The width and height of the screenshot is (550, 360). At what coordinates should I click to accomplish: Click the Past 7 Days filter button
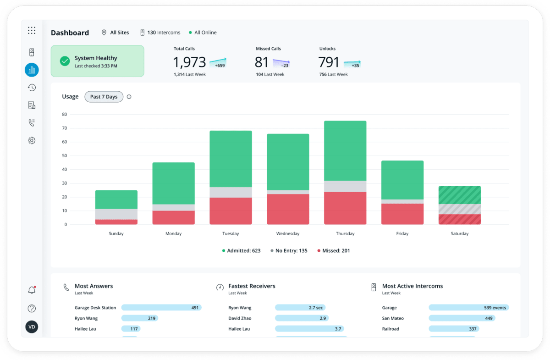(x=104, y=97)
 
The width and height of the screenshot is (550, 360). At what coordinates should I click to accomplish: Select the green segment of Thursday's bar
(x=345, y=150)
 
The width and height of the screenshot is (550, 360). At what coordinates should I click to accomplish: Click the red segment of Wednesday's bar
(x=288, y=209)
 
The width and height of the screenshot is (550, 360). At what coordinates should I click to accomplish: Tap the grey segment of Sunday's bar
(x=116, y=214)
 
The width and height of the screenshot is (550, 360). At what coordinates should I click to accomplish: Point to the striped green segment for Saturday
(x=459, y=195)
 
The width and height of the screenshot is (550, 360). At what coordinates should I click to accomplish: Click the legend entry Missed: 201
(x=334, y=251)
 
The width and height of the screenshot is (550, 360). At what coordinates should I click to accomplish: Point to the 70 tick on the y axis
(x=65, y=128)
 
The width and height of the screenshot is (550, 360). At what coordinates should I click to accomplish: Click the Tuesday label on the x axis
(x=231, y=234)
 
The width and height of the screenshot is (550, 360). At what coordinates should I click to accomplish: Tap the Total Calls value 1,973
(x=190, y=62)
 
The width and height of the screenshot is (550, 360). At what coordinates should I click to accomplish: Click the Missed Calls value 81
(x=262, y=62)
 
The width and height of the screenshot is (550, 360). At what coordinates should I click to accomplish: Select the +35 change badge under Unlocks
(x=355, y=65)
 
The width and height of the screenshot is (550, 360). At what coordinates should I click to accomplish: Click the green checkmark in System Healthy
(x=65, y=61)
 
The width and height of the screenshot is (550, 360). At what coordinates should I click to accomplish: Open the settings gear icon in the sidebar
(x=32, y=141)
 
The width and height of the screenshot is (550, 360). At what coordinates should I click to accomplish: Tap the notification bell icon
(x=32, y=290)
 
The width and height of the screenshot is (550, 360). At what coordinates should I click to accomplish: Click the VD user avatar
(x=32, y=327)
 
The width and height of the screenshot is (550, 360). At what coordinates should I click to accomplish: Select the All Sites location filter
(x=115, y=33)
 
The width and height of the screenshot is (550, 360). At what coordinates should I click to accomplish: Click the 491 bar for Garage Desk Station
(x=161, y=308)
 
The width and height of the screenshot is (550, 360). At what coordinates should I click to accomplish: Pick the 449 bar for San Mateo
(x=462, y=318)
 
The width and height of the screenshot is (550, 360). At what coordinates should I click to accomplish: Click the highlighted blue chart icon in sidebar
(x=32, y=70)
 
